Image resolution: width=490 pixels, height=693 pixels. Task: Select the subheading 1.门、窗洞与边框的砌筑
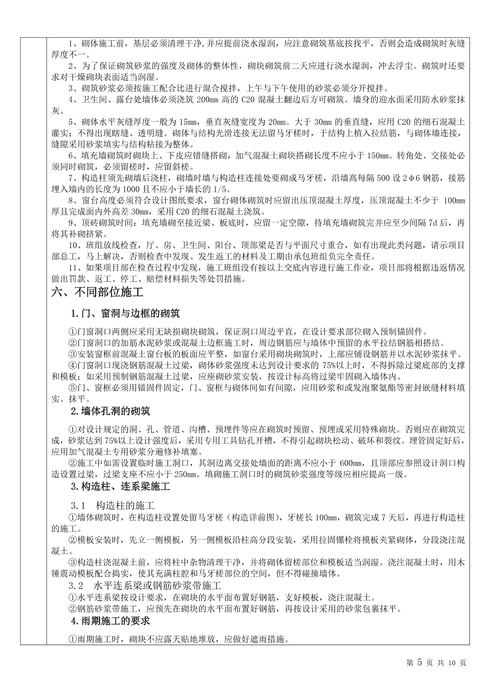125,313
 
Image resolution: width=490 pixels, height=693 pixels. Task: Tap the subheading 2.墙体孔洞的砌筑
110,411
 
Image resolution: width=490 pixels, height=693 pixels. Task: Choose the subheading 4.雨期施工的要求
110,620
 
